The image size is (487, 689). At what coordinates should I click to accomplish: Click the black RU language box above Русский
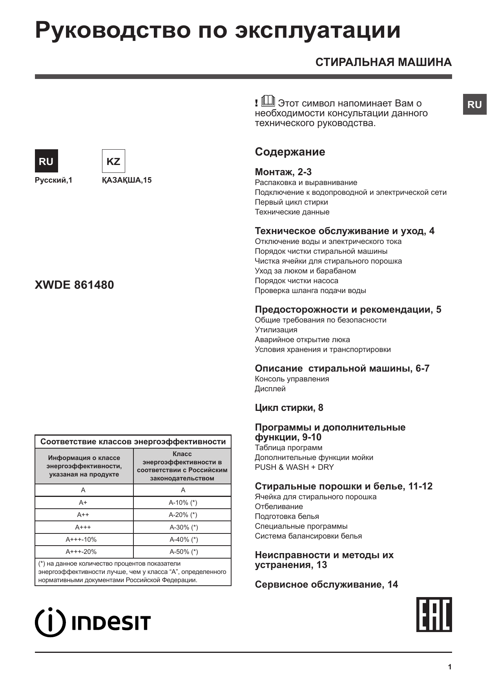(46, 161)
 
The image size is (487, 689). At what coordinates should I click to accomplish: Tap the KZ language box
(113, 161)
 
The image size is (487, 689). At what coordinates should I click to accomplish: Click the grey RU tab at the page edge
(474, 104)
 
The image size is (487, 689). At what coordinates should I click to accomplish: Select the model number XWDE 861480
(75, 285)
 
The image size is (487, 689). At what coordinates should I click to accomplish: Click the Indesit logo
(93, 622)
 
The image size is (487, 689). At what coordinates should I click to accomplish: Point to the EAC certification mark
(434, 614)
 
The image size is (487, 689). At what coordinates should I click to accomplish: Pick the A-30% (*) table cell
(183, 527)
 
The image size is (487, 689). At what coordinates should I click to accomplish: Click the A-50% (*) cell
(183, 552)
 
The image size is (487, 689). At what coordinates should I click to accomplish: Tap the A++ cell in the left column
(83, 515)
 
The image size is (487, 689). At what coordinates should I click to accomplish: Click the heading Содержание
(290, 152)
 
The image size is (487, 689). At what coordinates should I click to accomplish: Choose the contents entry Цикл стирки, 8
(289, 408)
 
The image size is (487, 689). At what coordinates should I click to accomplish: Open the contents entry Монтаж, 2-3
(283, 172)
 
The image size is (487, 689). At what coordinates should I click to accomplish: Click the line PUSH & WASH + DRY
(294, 467)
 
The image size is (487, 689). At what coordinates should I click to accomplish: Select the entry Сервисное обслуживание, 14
(326, 585)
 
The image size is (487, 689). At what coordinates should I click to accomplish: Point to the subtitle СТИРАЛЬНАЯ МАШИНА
(383, 62)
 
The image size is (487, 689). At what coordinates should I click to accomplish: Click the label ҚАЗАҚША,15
(127, 180)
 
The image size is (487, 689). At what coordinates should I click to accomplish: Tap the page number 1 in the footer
(450, 667)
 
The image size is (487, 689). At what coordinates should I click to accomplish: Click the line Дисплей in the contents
(270, 388)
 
